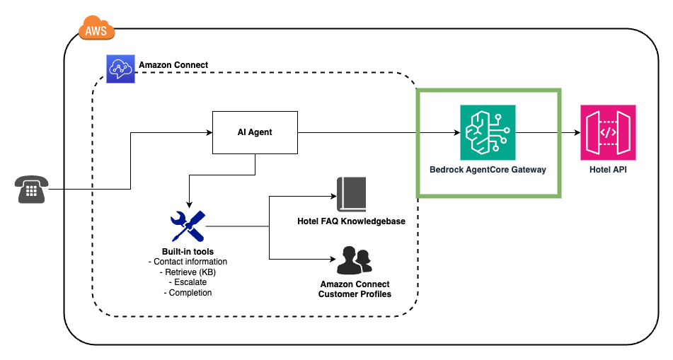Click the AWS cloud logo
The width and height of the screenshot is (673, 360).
(96, 29)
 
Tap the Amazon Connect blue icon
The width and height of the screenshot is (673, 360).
(120, 69)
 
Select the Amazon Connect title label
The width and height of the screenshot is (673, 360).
(173, 65)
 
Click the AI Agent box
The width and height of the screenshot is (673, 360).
(255, 132)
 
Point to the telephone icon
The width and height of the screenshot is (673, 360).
(31, 190)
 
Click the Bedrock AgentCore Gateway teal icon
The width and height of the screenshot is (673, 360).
(488, 132)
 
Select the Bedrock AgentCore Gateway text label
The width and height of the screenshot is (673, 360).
(488, 170)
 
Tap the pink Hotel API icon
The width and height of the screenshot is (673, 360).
(607, 132)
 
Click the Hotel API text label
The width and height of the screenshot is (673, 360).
(607, 170)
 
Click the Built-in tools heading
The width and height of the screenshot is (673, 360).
(188, 252)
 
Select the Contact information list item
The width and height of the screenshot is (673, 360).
(188, 262)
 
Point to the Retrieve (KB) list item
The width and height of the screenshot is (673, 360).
(188, 272)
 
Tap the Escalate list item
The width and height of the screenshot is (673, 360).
(188, 282)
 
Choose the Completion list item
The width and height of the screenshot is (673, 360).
(188, 292)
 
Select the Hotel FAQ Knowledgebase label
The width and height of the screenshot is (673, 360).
(351, 221)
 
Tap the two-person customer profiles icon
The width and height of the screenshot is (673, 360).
(355, 260)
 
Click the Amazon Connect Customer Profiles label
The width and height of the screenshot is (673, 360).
(355, 289)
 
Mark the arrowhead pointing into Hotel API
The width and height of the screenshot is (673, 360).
(575, 132)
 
